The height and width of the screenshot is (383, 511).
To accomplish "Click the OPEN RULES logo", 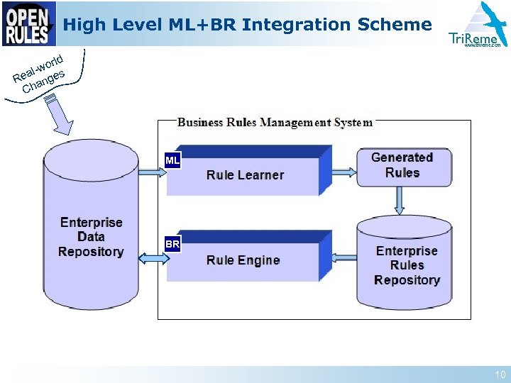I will [x=28, y=23].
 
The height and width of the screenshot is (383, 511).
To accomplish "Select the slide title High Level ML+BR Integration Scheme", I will [x=247, y=25].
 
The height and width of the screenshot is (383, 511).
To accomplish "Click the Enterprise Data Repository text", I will [x=91, y=237].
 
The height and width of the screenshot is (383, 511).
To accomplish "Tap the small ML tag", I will [x=172, y=161].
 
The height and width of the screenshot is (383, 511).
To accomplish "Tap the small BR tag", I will [x=172, y=245].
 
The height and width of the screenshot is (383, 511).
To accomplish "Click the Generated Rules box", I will [x=403, y=166].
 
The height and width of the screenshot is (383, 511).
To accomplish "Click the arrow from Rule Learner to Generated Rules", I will [x=344, y=172].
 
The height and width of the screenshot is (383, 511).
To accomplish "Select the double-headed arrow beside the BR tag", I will [x=153, y=259].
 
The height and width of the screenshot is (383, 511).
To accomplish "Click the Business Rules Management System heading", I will [x=275, y=122].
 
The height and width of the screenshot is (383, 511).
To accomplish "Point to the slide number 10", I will [x=500, y=374].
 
